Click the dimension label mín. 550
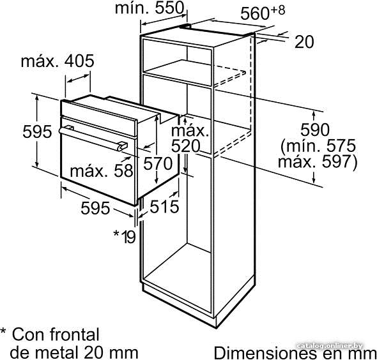[150, 8]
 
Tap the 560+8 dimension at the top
[263, 13]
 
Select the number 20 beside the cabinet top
[304, 42]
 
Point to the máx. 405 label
[58, 61]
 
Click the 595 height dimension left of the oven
[37, 131]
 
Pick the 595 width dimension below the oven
[95, 208]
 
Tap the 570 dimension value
[158, 164]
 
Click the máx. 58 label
[102, 171]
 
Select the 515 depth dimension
[165, 207]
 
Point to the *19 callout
[125, 237]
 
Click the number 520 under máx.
[185, 146]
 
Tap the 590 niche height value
[315, 130]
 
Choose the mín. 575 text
[318, 146]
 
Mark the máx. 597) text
[318, 161]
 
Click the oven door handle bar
[93, 139]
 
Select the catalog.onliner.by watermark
[330, 346]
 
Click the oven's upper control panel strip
[99, 117]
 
